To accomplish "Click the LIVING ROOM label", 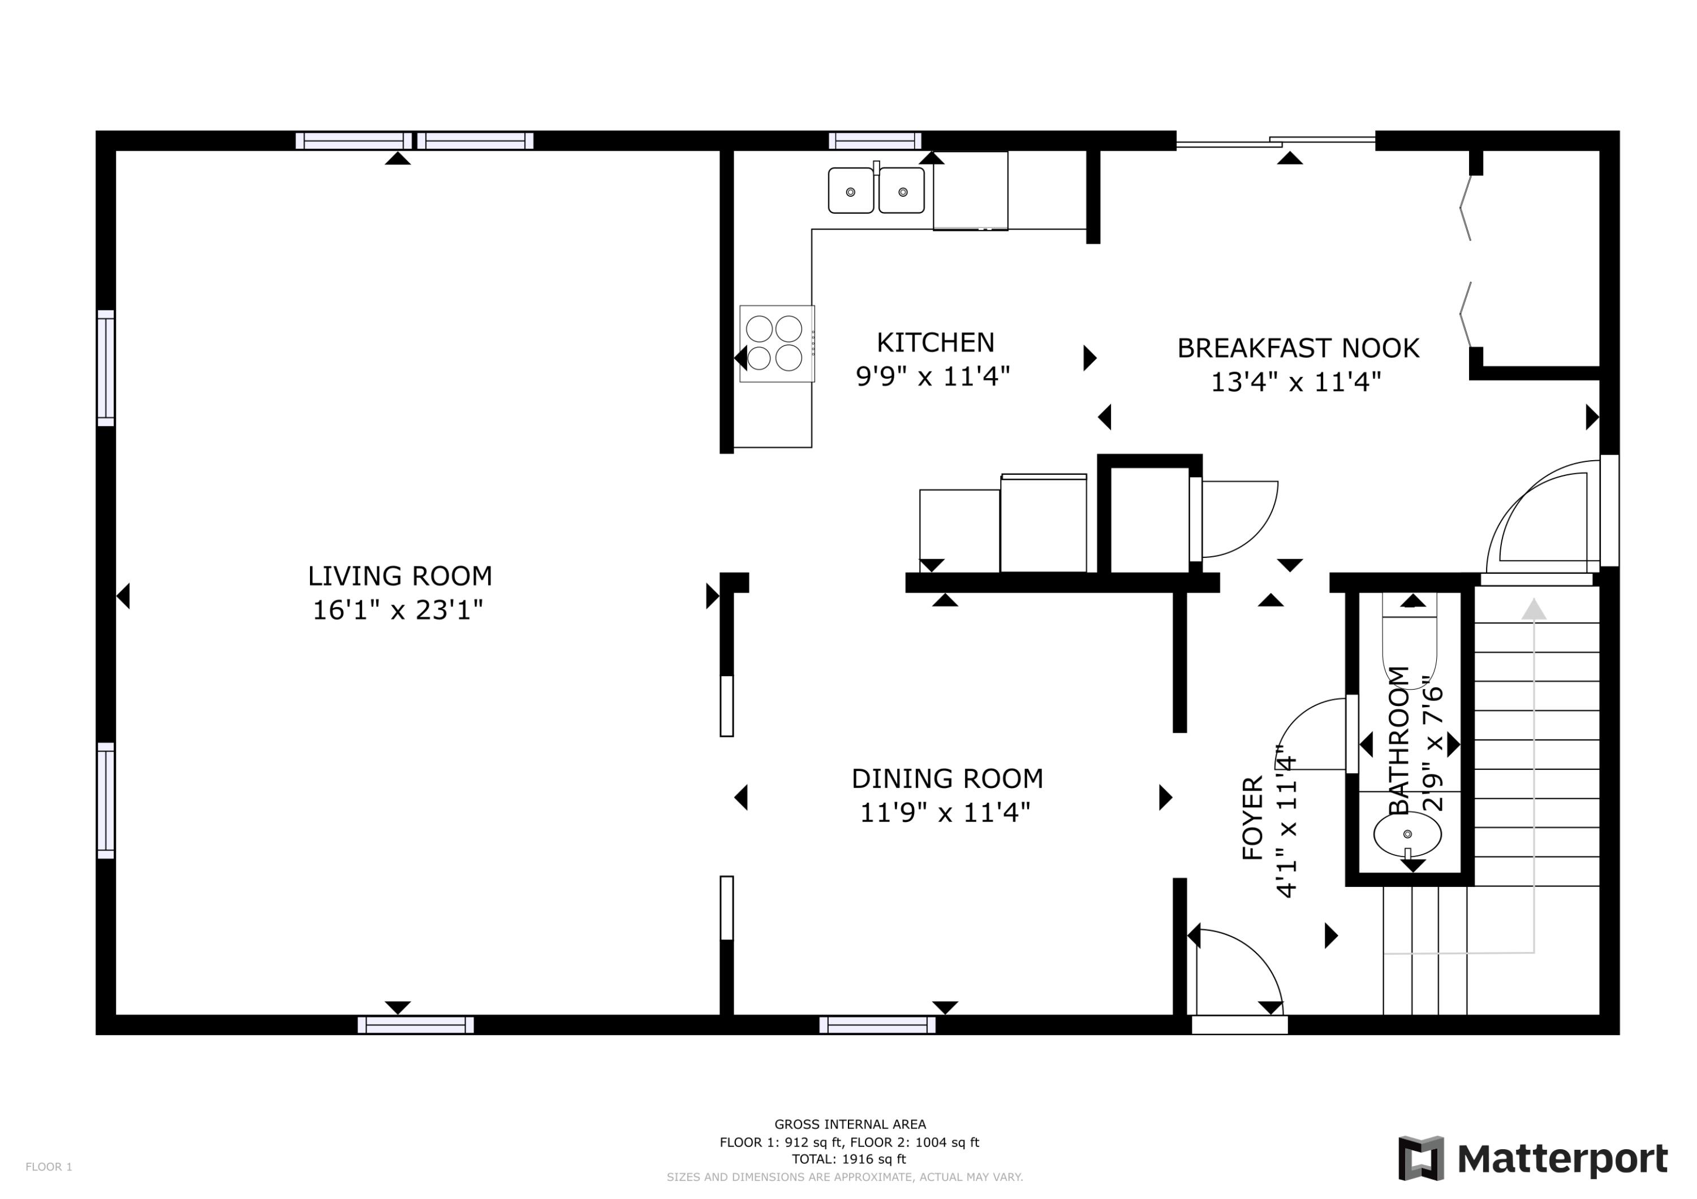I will click(x=400, y=575).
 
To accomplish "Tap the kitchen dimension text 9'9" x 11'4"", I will click(x=933, y=376).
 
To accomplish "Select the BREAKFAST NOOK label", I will click(x=1298, y=348).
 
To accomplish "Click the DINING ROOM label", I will click(x=947, y=778).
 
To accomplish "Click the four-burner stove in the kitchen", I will click(x=776, y=344).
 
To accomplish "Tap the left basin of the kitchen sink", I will click(x=851, y=191).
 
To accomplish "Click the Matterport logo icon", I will click(x=1420, y=1158).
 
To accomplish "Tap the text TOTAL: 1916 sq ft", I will click(x=849, y=1159).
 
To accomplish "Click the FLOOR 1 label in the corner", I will click(x=49, y=1167).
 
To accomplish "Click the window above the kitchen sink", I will click(x=875, y=140).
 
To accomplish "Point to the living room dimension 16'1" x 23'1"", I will click(x=398, y=610).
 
